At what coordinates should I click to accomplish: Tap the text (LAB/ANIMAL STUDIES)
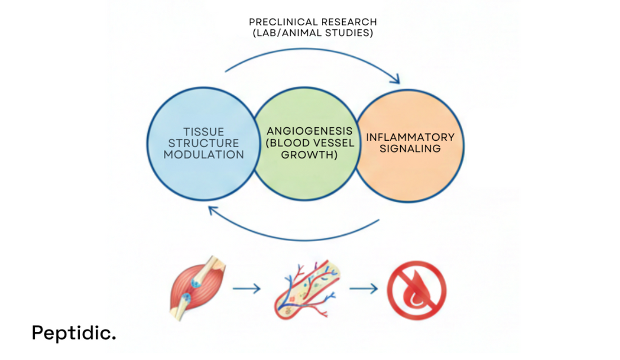[313, 33]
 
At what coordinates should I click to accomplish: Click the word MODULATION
[203, 154]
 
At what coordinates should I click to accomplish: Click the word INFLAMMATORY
[410, 137]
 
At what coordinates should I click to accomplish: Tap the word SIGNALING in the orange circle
[410, 149]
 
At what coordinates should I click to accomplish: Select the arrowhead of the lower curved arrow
[213, 210]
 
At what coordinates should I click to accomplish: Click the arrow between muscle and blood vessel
[246, 289]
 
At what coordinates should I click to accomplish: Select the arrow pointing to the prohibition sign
[364, 289]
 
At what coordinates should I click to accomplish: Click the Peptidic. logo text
[73, 332]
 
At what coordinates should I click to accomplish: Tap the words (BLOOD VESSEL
[310, 143]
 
